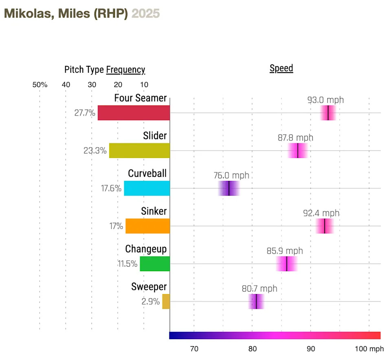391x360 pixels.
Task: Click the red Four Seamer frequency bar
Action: [x=134, y=113]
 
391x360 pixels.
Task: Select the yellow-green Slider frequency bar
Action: [x=139, y=151]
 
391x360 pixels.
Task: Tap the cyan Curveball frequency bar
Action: [x=147, y=188]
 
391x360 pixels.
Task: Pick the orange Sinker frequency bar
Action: [x=147, y=226]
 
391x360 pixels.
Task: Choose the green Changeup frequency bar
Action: [x=155, y=263]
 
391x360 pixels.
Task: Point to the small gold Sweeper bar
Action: [x=166, y=301]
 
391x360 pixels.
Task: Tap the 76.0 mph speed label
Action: [x=231, y=176]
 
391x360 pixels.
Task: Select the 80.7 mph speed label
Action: [x=259, y=288]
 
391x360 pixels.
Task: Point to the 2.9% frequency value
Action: [x=151, y=302]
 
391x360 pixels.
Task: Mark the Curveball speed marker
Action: [x=229, y=189]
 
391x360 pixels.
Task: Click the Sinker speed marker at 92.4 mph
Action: [x=325, y=226]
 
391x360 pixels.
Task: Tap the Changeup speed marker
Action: [x=287, y=263]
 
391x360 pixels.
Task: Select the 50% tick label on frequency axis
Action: [x=40, y=85]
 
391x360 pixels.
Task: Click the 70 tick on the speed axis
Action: [x=194, y=349]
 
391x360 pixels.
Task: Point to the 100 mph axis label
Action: [x=369, y=349]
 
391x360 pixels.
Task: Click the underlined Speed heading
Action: [x=281, y=68]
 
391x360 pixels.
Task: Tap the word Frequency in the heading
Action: [x=125, y=70]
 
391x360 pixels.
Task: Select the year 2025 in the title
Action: [x=146, y=13]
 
